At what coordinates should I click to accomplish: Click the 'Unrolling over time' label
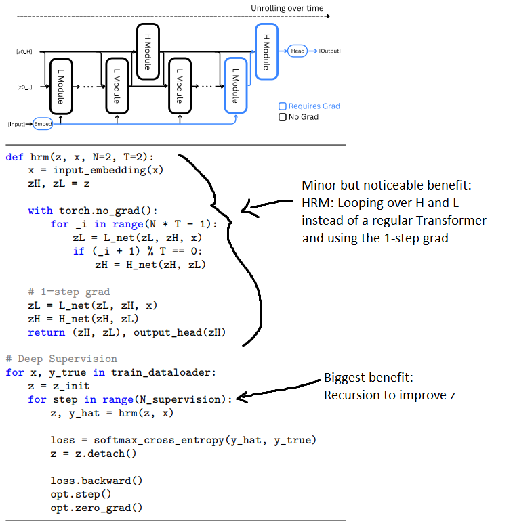(x=287, y=9)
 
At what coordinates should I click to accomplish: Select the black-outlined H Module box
(x=146, y=48)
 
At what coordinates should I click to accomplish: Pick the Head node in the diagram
(x=297, y=51)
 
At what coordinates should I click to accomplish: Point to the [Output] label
(x=330, y=51)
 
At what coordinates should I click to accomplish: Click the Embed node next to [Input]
(x=43, y=124)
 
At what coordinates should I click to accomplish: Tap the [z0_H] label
(x=25, y=51)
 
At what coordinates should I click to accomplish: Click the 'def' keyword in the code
(x=14, y=157)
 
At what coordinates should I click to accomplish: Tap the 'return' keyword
(x=44, y=332)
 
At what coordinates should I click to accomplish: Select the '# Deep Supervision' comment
(x=61, y=359)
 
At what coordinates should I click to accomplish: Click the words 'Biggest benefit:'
(x=368, y=377)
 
